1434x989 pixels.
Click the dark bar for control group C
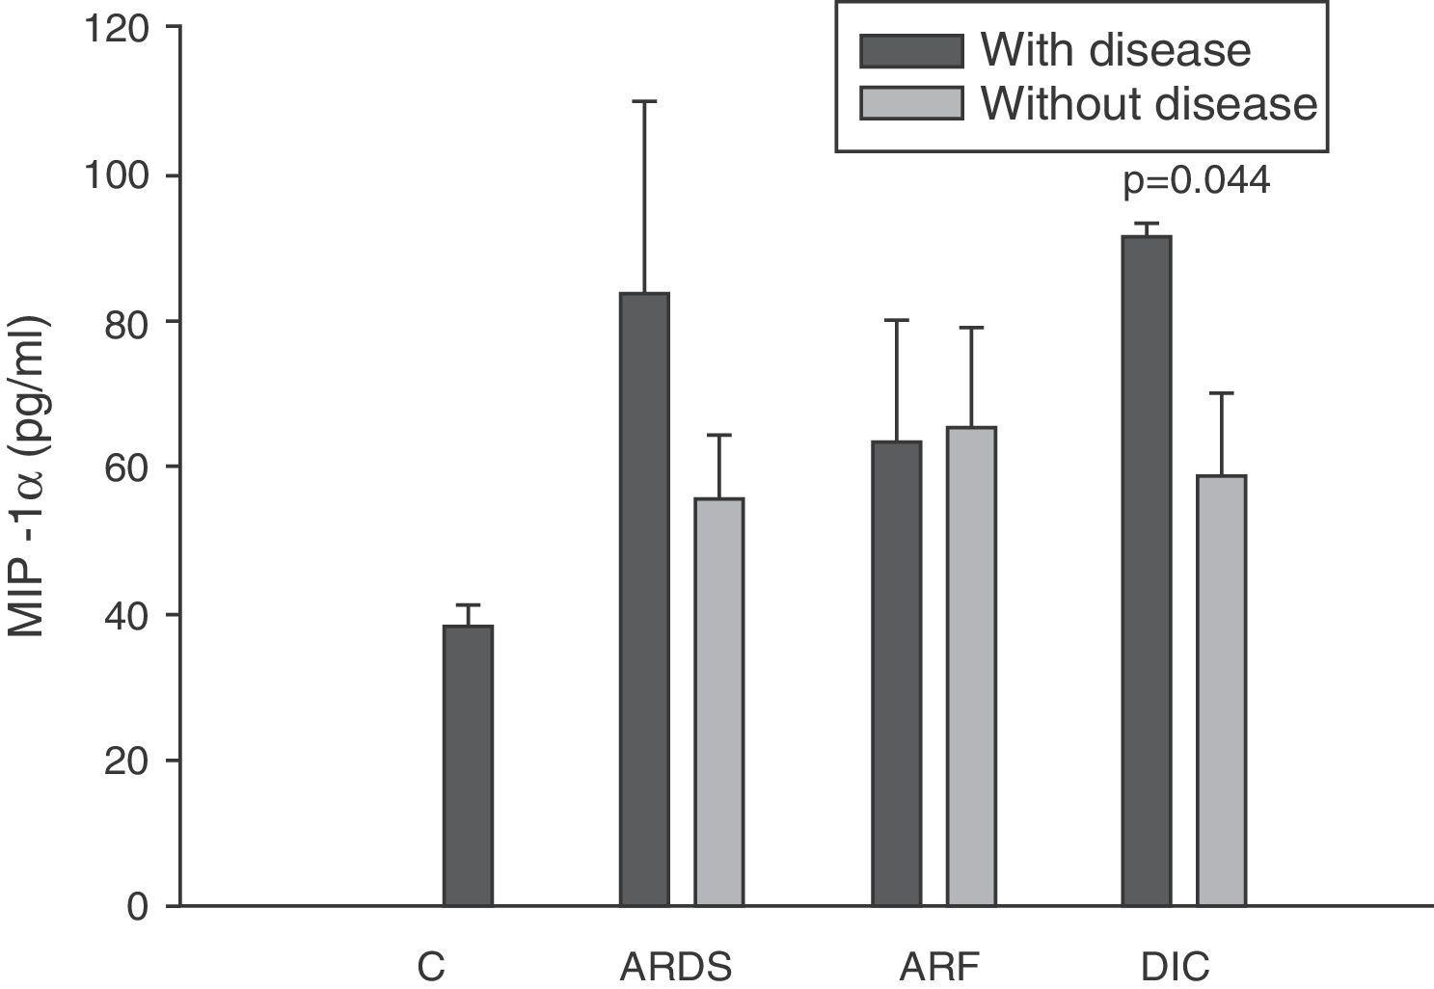click(x=468, y=765)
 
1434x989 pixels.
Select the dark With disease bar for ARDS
click(x=644, y=599)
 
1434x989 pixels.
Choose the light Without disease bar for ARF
click(x=971, y=666)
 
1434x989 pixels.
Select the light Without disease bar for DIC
click(x=1222, y=690)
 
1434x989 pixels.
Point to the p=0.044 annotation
click(x=1196, y=181)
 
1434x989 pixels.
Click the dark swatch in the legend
click(x=911, y=51)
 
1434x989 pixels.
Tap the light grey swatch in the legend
click(x=911, y=103)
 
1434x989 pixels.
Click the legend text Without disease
click(x=1149, y=103)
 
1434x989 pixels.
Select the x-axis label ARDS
click(x=675, y=966)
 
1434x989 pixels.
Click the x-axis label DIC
click(x=1175, y=966)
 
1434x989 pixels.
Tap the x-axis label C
click(x=431, y=966)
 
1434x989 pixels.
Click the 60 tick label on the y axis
click(x=132, y=468)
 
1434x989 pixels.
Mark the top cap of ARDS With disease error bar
click(x=644, y=101)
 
